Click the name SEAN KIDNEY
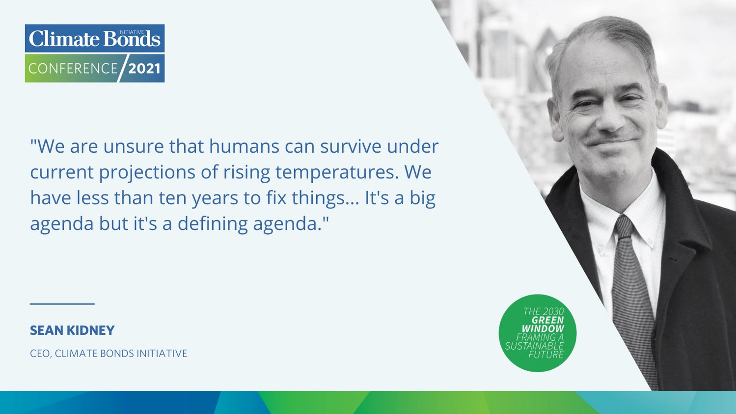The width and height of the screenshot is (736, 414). (x=72, y=330)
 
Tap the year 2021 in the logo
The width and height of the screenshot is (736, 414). (x=144, y=69)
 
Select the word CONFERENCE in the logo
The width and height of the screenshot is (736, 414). (x=73, y=69)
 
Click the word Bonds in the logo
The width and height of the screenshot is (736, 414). (x=132, y=39)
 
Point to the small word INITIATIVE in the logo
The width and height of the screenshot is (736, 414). (x=131, y=32)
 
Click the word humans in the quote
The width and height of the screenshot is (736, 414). (x=245, y=146)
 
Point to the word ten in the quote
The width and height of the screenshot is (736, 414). (x=173, y=198)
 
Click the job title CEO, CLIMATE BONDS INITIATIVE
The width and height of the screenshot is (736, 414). (x=109, y=354)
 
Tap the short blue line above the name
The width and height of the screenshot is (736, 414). (x=62, y=304)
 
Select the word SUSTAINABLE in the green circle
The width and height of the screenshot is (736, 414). (x=535, y=346)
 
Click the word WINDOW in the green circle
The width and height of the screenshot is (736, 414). (x=543, y=329)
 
